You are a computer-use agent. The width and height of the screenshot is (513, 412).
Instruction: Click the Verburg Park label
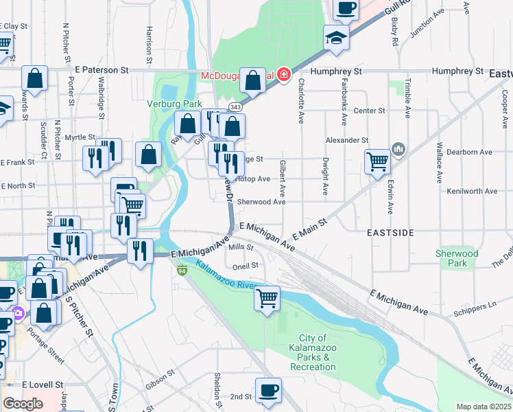[167, 104]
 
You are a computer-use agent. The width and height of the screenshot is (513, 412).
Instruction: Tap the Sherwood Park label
[457, 258]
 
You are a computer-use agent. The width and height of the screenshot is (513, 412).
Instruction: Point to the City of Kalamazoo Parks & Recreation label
[313, 352]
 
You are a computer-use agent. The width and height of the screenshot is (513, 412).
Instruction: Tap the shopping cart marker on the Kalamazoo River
[267, 298]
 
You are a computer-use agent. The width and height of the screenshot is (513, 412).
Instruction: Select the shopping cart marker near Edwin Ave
[377, 162]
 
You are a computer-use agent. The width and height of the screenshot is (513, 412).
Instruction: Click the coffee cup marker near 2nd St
[269, 391]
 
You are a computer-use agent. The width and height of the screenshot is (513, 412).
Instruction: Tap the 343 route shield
[236, 107]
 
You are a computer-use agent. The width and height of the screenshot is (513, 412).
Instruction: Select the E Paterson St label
[102, 70]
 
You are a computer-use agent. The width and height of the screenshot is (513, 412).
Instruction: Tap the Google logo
[23, 404]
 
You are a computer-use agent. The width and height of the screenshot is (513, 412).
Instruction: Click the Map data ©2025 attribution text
[484, 407]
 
